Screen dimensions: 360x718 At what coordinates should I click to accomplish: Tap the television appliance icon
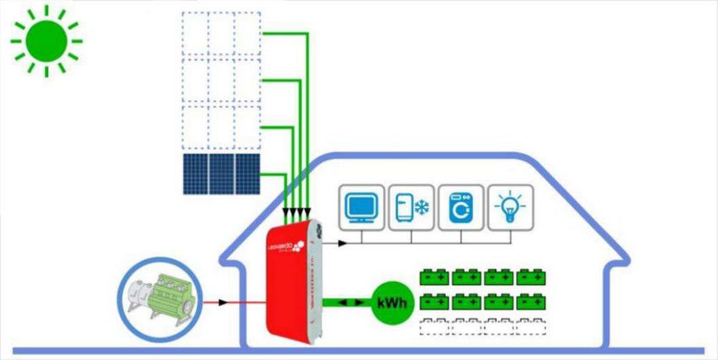click(x=362, y=207)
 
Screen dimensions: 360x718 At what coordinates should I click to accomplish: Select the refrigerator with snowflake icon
click(x=412, y=207)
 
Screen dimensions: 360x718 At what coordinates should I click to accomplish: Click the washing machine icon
click(x=461, y=207)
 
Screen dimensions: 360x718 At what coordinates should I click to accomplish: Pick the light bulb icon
click(x=511, y=207)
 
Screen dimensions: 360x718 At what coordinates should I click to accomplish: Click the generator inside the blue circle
click(x=164, y=302)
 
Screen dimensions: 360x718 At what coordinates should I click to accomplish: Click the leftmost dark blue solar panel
click(x=195, y=174)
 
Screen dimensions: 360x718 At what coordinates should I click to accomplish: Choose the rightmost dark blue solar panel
click(x=247, y=174)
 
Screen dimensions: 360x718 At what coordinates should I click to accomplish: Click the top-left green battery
click(x=434, y=276)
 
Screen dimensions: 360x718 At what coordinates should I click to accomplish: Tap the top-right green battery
click(x=531, y=276)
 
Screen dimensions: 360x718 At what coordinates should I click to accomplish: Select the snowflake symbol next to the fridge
click(x=421, y=207)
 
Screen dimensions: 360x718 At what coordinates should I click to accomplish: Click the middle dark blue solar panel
click(x=221, y=174)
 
